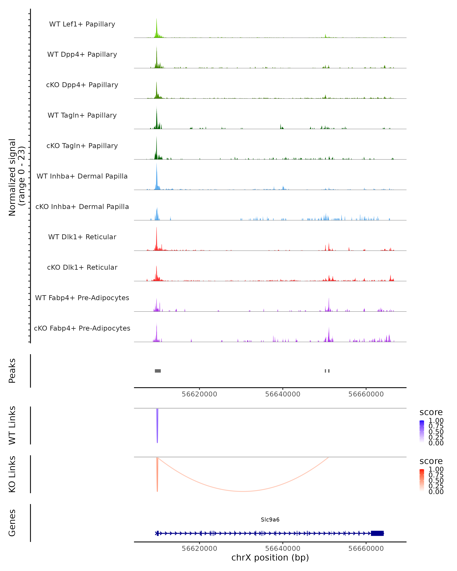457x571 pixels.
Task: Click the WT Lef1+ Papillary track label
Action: (x=82, y=24)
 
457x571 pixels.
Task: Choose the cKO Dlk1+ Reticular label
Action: (x=82, y=267)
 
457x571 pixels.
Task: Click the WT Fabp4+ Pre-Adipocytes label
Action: (x=82, y=298)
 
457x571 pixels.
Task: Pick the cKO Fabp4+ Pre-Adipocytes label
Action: (x=82, y=328)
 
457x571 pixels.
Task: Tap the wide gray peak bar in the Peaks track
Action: (x=158, y=371)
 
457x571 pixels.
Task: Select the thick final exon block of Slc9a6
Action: (x=377, y=533)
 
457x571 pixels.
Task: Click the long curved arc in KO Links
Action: (x=243, y=491)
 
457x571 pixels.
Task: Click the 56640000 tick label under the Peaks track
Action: (x=283, y=394)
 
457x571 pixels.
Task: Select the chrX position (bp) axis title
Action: (x=270, y=557)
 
